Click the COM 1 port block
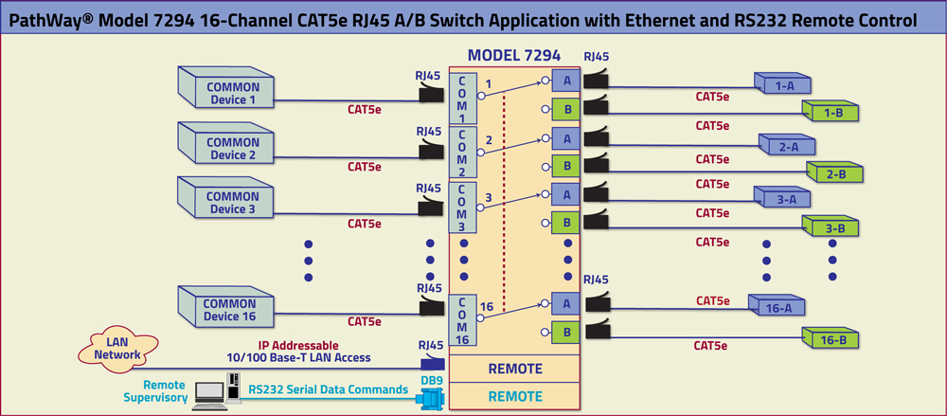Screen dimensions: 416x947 click(461, 98)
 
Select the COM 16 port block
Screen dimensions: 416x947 click(461, 320)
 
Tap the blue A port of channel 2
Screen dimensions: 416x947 click(567, 138)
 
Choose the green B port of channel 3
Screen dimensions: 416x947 click(567, 224)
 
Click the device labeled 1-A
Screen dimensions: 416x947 click(784, 85)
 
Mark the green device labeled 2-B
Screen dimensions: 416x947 click(833, 173)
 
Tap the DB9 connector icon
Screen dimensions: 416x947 click(431, 400)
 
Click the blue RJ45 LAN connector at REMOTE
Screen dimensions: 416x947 click(432, 365)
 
